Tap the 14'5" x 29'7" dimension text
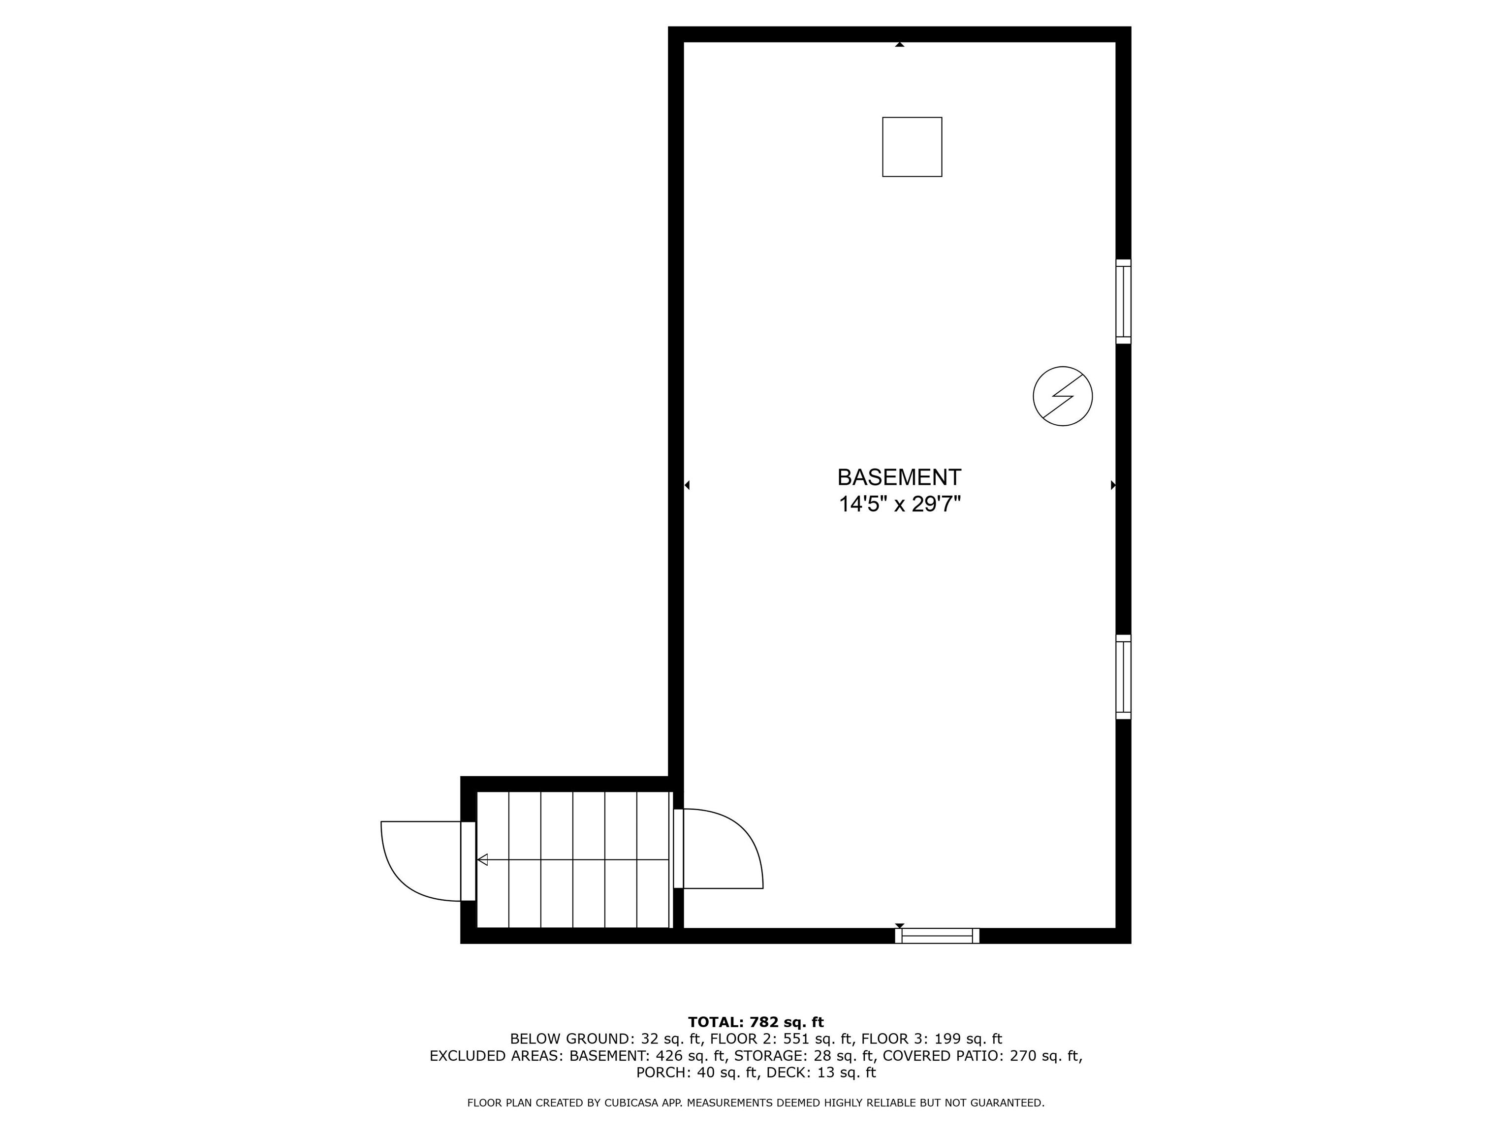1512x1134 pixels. (900, 505)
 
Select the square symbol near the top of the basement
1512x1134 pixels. (912, 147)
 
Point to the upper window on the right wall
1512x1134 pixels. (1123, 301)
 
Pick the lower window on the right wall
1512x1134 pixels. (1123, 677)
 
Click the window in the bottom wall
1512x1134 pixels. (937, 936)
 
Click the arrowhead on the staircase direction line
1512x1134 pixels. (482, 860)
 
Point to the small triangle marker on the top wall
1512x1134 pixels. (900, 44)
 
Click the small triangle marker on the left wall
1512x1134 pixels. (687, 485)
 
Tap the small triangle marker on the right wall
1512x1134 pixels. (1113, 485)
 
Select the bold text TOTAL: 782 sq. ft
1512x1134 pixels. (756, 1023)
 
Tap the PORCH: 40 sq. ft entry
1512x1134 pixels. (697, 1072)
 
